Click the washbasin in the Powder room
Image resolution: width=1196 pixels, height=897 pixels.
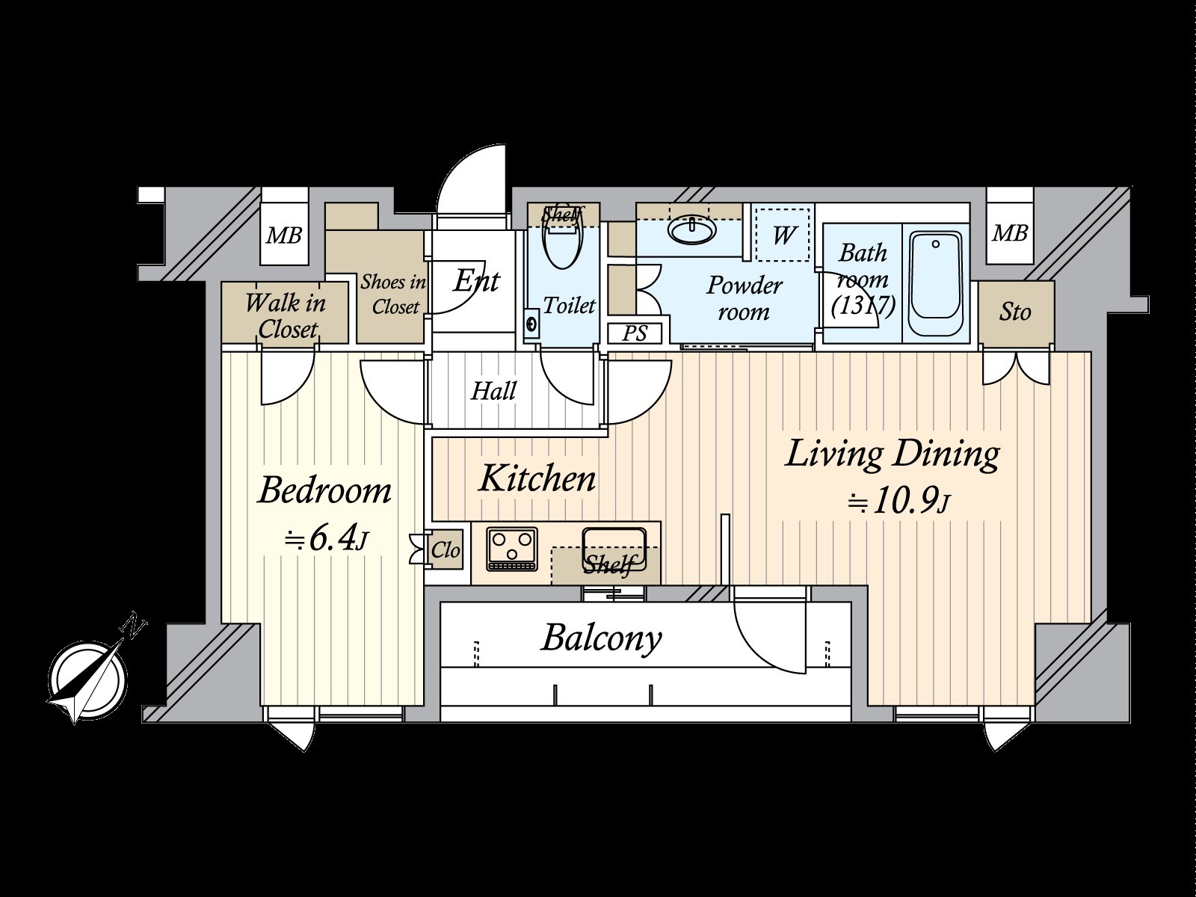coord(693,229)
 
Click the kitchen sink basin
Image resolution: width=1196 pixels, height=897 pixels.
coord(614,542)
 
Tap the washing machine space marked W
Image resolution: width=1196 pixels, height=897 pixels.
coord(782,235)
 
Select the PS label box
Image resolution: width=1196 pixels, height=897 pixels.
coord(634,333)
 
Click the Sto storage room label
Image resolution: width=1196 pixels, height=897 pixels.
coord(1015,312)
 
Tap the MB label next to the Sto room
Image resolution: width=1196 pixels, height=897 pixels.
coord(1009,234)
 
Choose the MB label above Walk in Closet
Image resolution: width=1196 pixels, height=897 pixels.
coord(284,237)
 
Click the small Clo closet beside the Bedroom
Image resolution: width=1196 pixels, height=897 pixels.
coord(446,551)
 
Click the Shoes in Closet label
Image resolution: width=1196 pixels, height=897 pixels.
coord(394,295)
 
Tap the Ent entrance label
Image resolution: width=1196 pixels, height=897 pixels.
coord(475,281)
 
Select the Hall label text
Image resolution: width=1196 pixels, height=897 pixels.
coord(493,391)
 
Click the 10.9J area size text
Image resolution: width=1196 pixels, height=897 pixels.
coord(897,502)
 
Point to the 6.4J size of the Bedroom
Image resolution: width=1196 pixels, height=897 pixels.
coord(326,539)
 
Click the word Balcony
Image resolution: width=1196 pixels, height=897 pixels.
coord(602,638)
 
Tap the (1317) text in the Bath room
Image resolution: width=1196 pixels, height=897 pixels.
coord(863,305)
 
